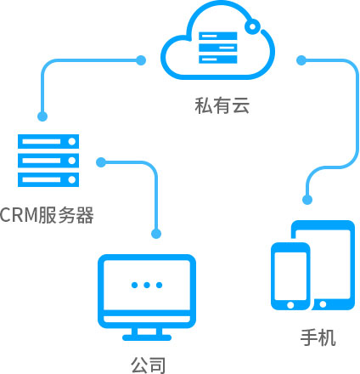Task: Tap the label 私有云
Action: (222, 105)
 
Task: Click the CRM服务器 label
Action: (47, 215)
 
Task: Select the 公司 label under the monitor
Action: (149, 365)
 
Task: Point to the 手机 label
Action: (318, 337)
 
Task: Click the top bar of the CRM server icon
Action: (48, 141)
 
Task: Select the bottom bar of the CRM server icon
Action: (48, 179)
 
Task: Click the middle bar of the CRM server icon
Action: (48, 161)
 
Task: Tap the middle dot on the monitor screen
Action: (147, 285)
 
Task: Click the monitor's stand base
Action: (147, 337)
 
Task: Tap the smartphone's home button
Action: (290, 305)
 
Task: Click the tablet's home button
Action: (323, 304)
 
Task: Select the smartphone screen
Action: (290, 275)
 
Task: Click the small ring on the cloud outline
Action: (253, 26)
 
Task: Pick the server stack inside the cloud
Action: (218, 48)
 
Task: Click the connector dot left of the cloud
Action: (141, 60)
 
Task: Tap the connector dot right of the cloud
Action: (301, 60)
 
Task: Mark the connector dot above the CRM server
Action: (42, 116)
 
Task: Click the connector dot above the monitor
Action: (156, 234)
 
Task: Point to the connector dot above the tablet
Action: (307, 200)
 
